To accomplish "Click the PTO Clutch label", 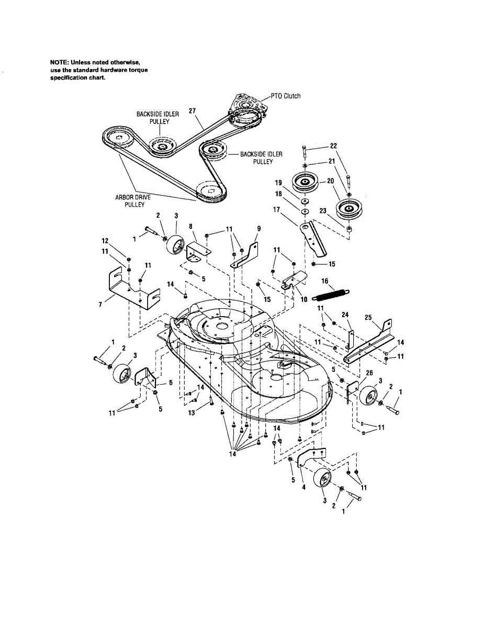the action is point(286,96).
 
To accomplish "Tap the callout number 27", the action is point(193,111).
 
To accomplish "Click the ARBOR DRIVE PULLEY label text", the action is point(133,201).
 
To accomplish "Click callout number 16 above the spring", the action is point(325,281).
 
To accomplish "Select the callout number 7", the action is point(100,305).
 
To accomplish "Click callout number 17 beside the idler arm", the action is point(276,209).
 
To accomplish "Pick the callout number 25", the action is point(368,317).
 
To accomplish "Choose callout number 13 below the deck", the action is point(192,413).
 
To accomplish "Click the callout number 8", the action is point(190,227).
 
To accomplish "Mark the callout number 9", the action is point(259,229).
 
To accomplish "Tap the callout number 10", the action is point(304,299).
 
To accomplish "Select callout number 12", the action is point(105,241).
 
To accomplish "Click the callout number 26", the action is point(369,373).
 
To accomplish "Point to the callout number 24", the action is point(345,315).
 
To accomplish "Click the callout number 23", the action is point(323,211).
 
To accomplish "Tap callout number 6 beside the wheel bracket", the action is point(171,383).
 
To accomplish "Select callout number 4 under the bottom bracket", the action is point(303,487).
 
